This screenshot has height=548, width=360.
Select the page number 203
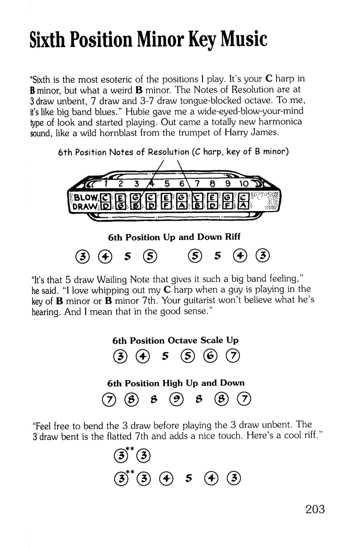click(315, 509)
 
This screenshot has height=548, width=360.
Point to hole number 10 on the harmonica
click(244, 183)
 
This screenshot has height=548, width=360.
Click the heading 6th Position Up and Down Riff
click(174, 237)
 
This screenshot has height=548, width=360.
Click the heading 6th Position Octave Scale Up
click(175, 340)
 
